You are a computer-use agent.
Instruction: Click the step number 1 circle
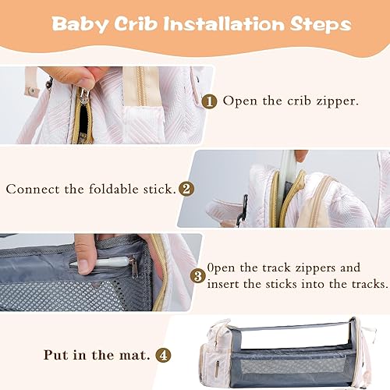[x=209, y=101]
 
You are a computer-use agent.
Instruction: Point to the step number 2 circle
[x=186, y=188]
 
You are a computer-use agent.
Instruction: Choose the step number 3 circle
[x=199, y=275]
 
